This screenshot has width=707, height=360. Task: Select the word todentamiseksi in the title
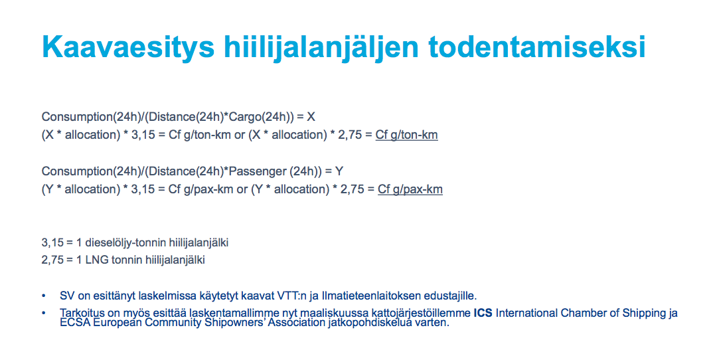coord(537,46)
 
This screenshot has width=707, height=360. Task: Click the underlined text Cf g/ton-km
coord(406,135)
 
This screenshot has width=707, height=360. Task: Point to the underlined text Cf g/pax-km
coord(410,189)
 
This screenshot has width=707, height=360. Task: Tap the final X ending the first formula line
coord(311,117)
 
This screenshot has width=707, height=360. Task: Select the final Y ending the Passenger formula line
coord(339,171)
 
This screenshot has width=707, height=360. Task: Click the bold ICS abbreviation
coord(483,313)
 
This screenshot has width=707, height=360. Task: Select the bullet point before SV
coord(44,296)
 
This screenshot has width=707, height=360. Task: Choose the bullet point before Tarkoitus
coord(44,313)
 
